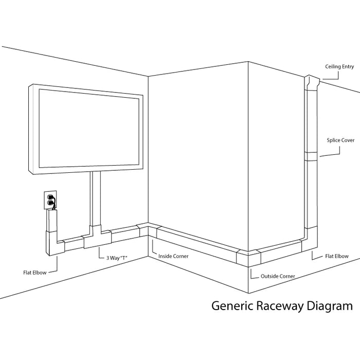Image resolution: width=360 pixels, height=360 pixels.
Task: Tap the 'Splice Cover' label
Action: point(340,139)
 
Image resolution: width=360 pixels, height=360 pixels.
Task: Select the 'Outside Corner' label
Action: point(278,276)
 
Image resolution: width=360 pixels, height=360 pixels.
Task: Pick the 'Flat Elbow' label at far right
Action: point(337,256)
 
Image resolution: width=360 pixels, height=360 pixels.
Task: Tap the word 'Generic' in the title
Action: point(230,307)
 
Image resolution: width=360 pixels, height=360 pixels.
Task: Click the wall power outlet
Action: point(50,200)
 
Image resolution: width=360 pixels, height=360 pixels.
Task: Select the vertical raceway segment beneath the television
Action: point(96,201)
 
